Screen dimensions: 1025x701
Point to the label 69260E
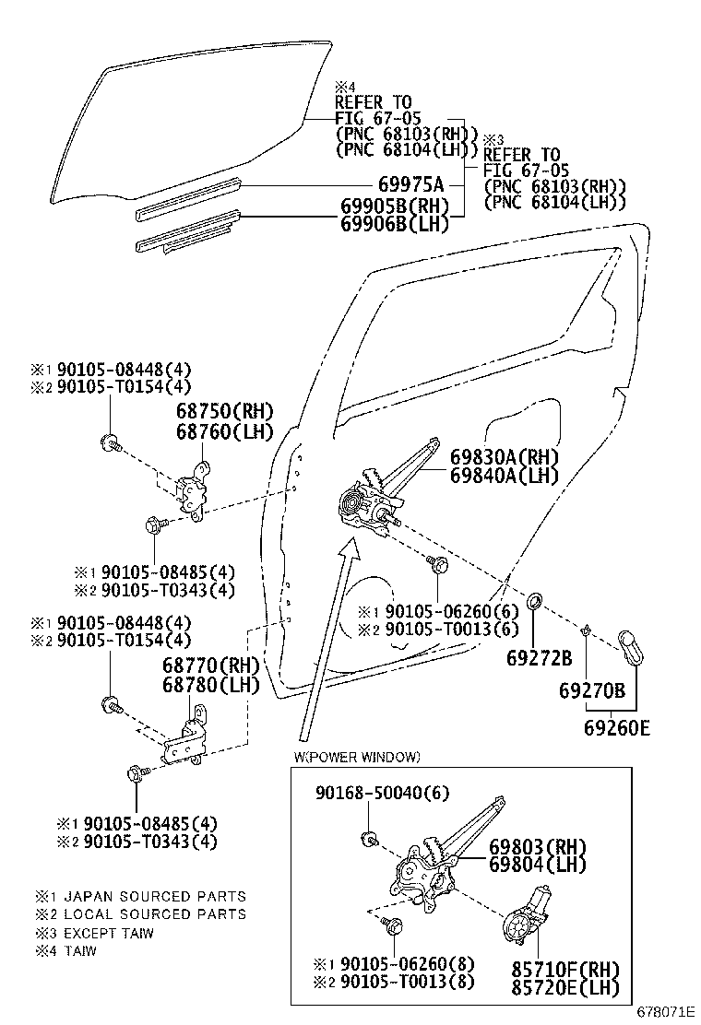tap(616, 728)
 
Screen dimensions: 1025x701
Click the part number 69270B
tap(592, 689)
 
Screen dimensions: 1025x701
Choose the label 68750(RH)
tap(212, 410)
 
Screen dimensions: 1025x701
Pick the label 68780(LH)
tap(212, 685)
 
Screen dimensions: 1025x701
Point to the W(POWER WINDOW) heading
tap(357, 757)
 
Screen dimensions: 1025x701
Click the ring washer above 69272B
tap(534, 605)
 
